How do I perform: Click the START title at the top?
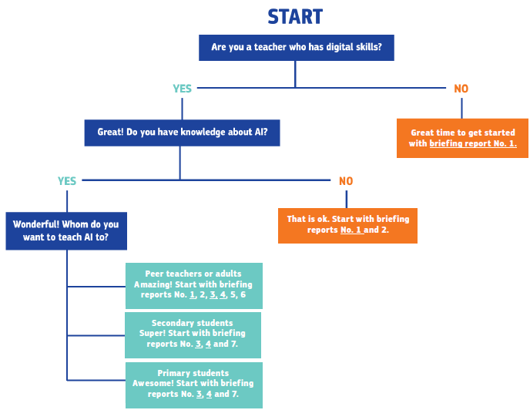pos(295,17)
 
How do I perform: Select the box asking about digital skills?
pos(297,48)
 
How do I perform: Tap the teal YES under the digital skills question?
pos(182,89)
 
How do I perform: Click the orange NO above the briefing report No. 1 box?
pos(461,89)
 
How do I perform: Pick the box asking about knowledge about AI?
pos(182,133)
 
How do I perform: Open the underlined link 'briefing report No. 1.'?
pos(473,143)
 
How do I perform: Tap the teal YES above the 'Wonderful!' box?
pos(67,181)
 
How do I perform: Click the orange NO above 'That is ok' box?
pos(346,181)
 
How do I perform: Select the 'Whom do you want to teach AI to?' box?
pos(66,231)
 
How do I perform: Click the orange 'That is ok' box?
pos(348,226)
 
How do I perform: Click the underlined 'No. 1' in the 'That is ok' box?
pos(351,230)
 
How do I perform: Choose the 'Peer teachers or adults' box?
pos(194,286)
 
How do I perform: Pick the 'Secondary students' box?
pos(193,335)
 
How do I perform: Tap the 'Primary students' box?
pos(194,385)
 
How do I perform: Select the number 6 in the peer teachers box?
pos(243,294)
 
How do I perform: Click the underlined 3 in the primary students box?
pos(200,394)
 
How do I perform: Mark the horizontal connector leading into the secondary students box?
pos(96,335)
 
